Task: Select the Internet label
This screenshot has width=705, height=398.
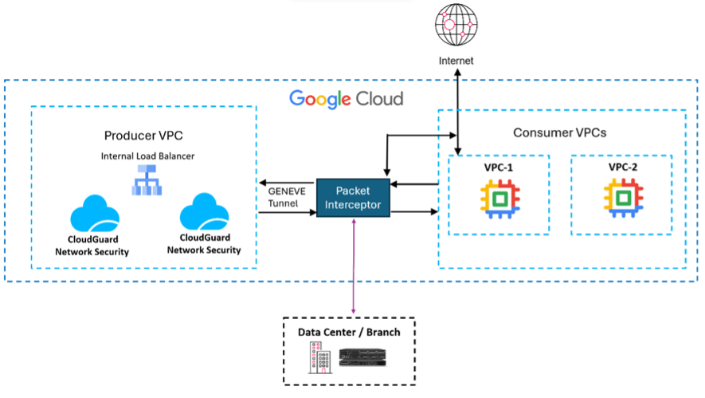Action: pyautogui.click(x=456, y=61)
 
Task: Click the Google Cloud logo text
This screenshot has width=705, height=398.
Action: pyautogui.click(x=346, y=99)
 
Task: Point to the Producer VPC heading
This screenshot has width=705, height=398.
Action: pyautogui.click(x=143, y=136)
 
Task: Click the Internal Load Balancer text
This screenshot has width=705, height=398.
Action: pyautogui.click(x=143, y=156)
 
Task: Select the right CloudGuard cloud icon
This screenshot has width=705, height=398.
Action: pyautogui.click(x=204, y=214)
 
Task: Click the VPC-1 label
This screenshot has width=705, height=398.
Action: pyautogui.click(x=499, y=168)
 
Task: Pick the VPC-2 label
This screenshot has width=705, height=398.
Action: pyautogui.click(x=621, y=168)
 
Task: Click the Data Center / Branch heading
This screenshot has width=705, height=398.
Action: pyautogui.click(x=349, y=332)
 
